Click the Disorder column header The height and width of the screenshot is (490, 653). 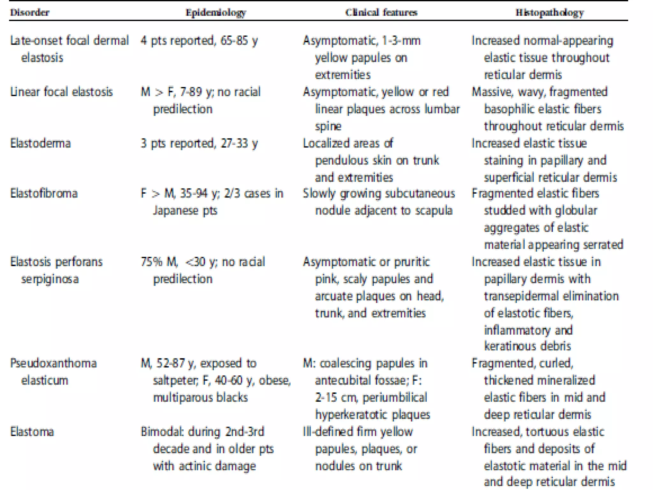click(30, 13)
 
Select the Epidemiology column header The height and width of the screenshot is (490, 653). click(216, 13)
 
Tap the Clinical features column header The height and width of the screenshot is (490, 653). click(381, 13)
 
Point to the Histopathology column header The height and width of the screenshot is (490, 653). click(550, 13)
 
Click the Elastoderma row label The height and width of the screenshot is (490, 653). click(40, 143)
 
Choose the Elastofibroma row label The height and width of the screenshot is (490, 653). click(44, 194)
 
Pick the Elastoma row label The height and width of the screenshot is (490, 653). click(32, 432)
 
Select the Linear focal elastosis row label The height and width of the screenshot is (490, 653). click(62, 92)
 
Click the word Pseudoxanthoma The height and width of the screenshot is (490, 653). click(54, 363)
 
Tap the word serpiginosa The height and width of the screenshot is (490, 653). click(50, 279)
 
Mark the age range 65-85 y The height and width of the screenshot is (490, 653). click(239, 41)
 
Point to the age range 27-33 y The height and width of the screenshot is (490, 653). click(239, 143)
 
